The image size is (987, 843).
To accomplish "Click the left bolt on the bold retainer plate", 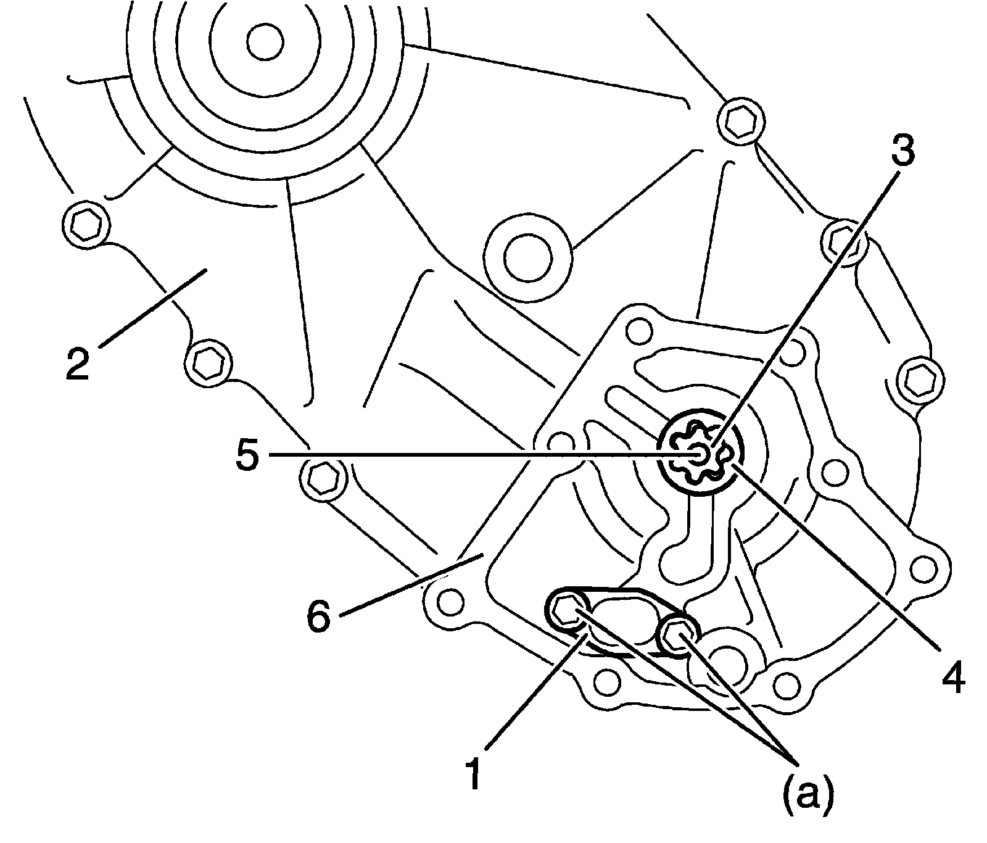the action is click(566, 611).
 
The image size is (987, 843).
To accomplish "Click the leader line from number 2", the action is click(151, 309).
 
